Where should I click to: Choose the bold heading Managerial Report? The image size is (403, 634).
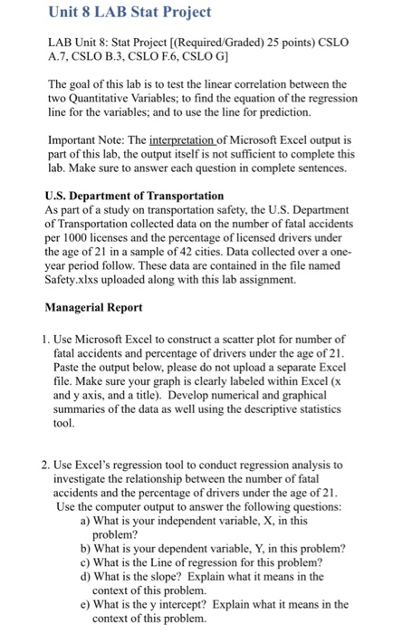[x=96, y=308]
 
